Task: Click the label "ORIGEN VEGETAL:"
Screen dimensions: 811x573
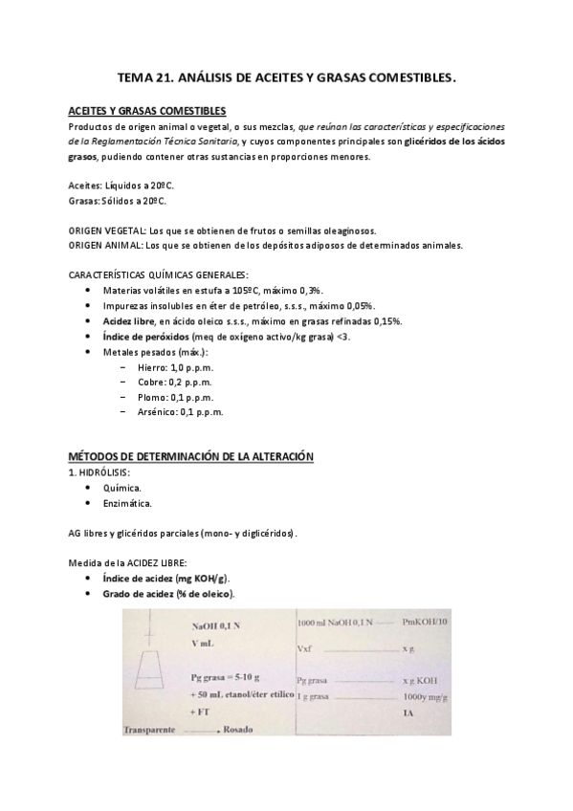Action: (x=107, y=230)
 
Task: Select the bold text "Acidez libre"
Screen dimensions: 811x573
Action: (x=130, y=320)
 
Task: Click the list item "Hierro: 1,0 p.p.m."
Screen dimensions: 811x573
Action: (x=175, y=366)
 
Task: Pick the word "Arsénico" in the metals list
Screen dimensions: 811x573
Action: (x=157, y=412)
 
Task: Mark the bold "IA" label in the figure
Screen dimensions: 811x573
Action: (x=408, y=714)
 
